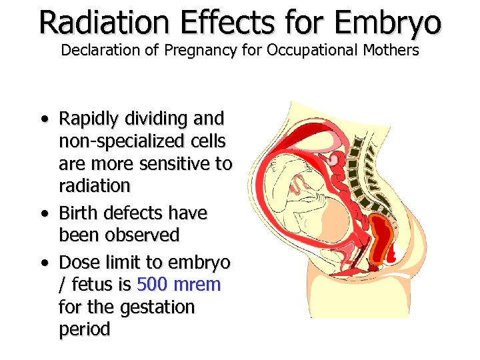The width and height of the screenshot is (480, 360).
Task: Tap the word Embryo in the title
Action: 388,23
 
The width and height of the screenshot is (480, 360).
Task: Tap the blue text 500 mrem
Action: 178,285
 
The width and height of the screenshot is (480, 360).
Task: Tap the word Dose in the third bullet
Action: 79,262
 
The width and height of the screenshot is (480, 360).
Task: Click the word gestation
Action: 157,307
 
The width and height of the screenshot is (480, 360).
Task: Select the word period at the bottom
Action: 84,329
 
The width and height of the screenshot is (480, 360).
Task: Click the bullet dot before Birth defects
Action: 43,214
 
